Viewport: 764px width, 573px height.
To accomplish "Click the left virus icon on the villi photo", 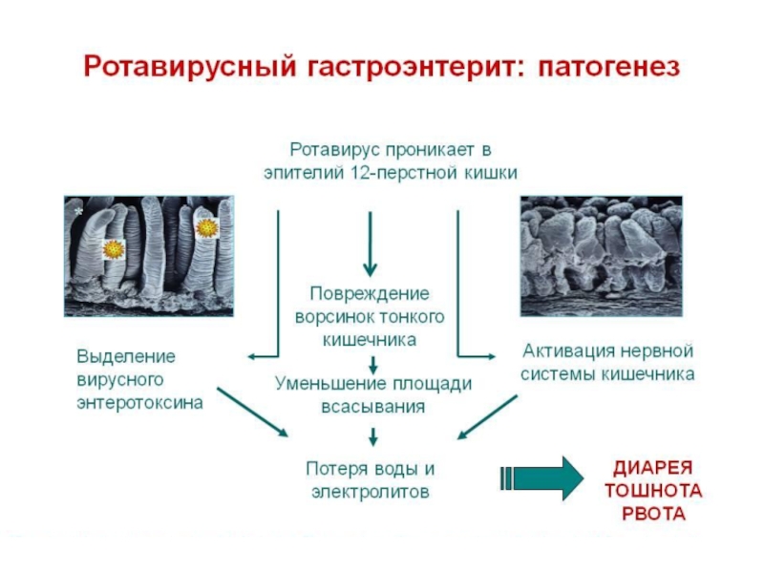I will point(114,248).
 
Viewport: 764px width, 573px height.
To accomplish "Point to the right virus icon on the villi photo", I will point(206,227).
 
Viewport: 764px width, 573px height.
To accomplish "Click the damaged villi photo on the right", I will point(602,255).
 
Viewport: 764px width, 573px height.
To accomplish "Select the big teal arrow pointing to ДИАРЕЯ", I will point(541,477).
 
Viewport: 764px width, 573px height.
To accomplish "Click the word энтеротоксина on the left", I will point(139,402).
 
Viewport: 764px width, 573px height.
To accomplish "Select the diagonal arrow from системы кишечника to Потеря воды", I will point(488,416).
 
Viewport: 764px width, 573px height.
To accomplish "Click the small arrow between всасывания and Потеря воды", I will point(373,436).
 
